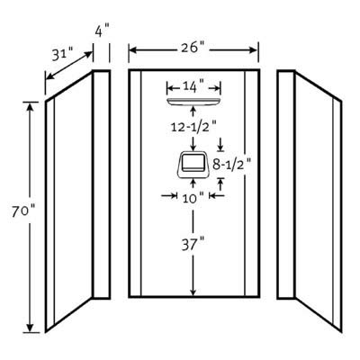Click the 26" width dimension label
click(x=193, y=47)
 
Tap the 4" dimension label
click(x=102, y=31)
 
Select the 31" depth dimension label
click(x=62, y=55)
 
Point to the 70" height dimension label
click(x=23, y=211)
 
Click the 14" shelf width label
click(x=193, y=87)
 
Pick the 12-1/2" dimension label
click(x=193, y=127)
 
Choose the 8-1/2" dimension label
click(x=231, y=164)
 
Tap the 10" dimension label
click(x=193, y=198)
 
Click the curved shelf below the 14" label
click(x=193, y=102)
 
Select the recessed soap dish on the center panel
click(x=193, y=165)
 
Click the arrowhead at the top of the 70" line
click(x=30, y=106)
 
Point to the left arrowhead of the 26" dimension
click(x=133, y=50)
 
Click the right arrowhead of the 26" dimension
click(x=254, y=50)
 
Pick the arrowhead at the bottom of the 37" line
click(x=193, y=292)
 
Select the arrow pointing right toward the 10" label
click(x=169, y=196)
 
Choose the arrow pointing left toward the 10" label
click(x=216, y=196)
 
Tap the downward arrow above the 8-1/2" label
click(x=220, y=144)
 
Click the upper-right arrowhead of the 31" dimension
click(x=88, y=54)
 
